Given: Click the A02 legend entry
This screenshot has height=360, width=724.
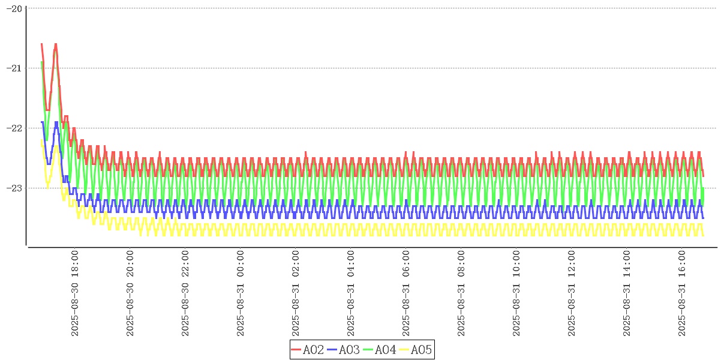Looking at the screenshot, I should point(308,350).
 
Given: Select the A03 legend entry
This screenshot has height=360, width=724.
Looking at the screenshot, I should point(344,350).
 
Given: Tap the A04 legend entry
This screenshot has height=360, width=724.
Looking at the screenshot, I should point(380,350).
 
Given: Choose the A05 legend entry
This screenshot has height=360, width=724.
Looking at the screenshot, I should point(416,350).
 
